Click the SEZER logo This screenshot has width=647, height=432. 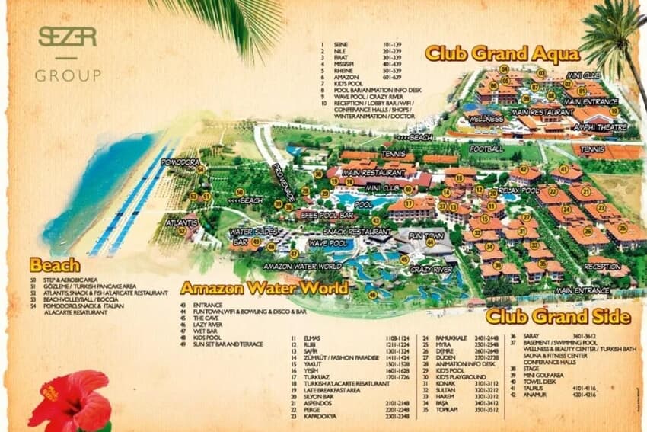67,37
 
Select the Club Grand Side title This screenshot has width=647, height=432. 557,316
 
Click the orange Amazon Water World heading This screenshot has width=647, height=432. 264,288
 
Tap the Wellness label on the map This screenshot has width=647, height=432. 485,120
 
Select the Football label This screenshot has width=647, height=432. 486,149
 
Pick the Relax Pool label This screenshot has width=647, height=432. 518,190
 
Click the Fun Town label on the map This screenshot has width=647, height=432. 426,237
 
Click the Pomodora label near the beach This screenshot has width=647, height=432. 180,162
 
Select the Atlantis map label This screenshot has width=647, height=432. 182,223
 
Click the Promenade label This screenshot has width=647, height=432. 282,183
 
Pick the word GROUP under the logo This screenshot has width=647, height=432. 67,75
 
